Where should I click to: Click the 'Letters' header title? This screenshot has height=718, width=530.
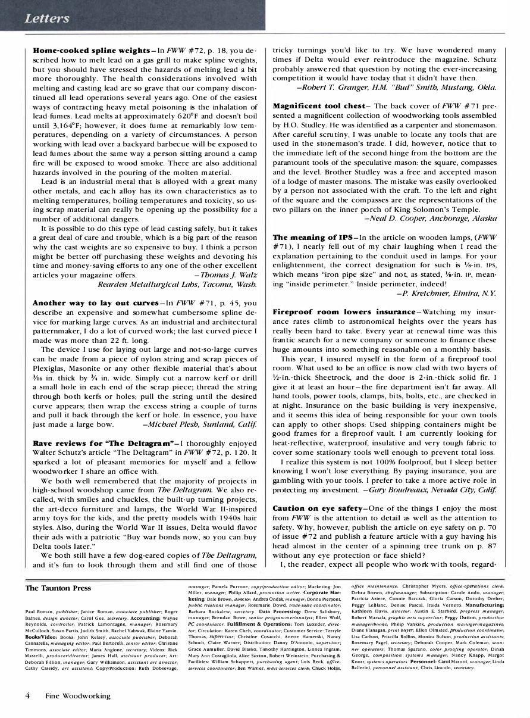(x=47, y=18)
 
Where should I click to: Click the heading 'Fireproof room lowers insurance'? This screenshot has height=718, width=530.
(x=343, y=312)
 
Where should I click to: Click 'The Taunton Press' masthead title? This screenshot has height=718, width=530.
(x=58, y=588)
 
